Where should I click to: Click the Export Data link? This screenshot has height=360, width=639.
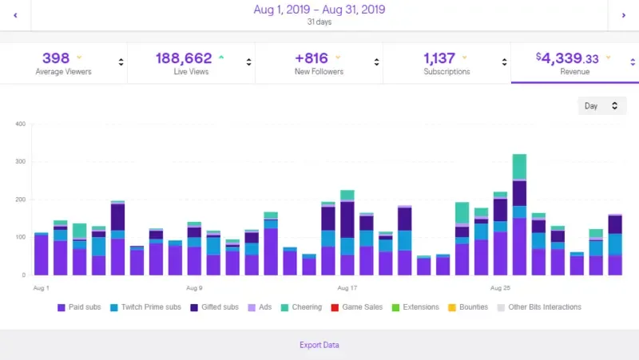319,345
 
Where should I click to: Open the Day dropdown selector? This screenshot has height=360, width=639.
601,105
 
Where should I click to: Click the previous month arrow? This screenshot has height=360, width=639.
15,14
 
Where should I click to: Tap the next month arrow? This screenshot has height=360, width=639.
623,14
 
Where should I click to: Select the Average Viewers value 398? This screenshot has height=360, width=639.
56,58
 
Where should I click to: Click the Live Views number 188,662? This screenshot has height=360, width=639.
182,58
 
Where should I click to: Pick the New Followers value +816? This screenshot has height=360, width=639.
312,58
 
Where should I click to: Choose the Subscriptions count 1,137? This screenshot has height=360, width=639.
439,58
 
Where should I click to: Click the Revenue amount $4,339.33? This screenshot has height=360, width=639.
567,58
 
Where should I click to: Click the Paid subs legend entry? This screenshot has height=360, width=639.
79,307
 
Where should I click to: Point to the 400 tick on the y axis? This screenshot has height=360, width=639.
21,124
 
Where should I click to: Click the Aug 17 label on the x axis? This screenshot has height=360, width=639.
347,287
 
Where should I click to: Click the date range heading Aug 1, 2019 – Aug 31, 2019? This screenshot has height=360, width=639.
319,10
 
